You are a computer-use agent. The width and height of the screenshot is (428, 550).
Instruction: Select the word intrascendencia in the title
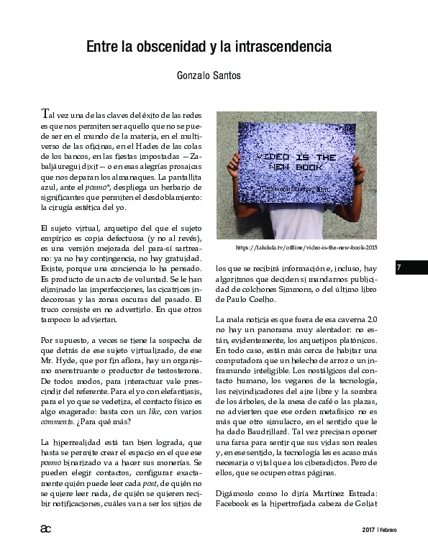point(285,47)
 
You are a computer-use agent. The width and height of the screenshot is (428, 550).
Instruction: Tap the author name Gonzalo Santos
point(209,74)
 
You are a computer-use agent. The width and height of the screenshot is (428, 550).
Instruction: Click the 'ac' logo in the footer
point(45,529)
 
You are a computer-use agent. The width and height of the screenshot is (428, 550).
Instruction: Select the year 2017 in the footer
point(369,531)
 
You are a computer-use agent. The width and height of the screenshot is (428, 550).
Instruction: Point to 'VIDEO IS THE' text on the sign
point(296,156)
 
